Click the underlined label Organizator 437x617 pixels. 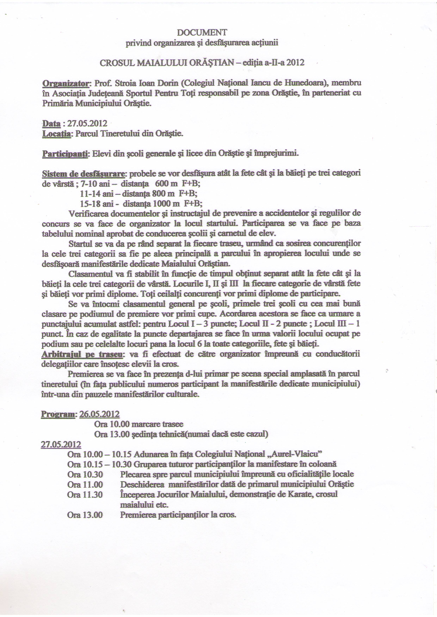[x=65, y=83]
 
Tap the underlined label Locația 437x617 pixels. [x=57, y=134]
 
